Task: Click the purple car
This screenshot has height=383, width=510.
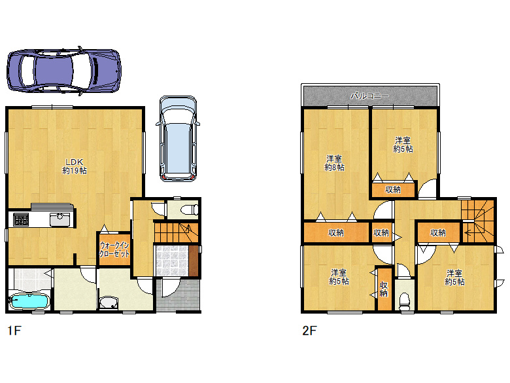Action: pos(64,71)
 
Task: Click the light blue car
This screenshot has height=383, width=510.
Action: pos(178,138)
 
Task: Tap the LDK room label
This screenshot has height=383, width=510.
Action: pos(75,166)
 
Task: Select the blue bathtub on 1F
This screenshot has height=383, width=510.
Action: pos(29,301)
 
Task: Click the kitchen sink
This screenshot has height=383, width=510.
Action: pos(60,219)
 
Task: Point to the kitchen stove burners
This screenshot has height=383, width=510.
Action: pos(21,219)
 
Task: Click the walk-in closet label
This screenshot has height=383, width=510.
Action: pos(114,249)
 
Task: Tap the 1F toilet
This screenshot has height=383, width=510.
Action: pos(190,210)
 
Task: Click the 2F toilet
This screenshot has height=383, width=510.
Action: pos(405,301)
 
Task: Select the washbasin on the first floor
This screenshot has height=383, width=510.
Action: pos(109,302)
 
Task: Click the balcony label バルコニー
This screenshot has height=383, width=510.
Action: pos(370,96)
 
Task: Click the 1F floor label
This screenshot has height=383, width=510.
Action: pos(14,331)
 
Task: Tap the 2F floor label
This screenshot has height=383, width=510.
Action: pos(309,331)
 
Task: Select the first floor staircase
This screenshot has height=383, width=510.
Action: pos(176,232)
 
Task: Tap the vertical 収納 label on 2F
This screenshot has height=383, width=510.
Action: pos(384,289)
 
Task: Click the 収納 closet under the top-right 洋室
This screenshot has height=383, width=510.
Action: pos(393,189)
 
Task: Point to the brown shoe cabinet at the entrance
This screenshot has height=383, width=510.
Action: pos(194,261)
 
